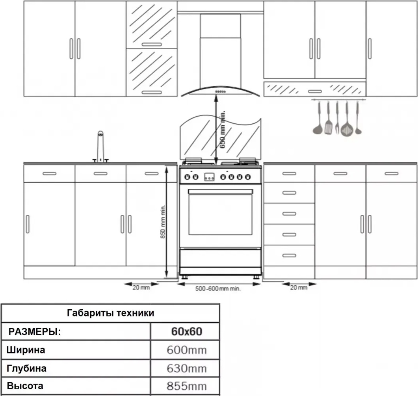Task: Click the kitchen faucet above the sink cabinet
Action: [x=100, y=147]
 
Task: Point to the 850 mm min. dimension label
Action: [x=163, y=221]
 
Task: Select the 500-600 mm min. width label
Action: [x=218, y=288]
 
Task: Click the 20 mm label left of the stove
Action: [x=141, y=288]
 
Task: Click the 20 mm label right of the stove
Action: [x=299, y=288]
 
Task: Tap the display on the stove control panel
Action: [x=209, y=177]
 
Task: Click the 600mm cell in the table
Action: [x=187, y=350]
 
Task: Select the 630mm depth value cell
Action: [x=187, y=368]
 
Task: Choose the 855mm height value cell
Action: [x=187, y=386]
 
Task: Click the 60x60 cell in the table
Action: [x=187, y=331]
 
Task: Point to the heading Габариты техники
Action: [x=110, y=313]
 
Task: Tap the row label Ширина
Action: [x=26, y=350]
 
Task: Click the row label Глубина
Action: [x=27, y=368]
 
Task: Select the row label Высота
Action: [x=25, y=386]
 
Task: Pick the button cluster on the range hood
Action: [x=221, y=92]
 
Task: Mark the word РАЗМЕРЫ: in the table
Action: [x=35, y=332]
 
